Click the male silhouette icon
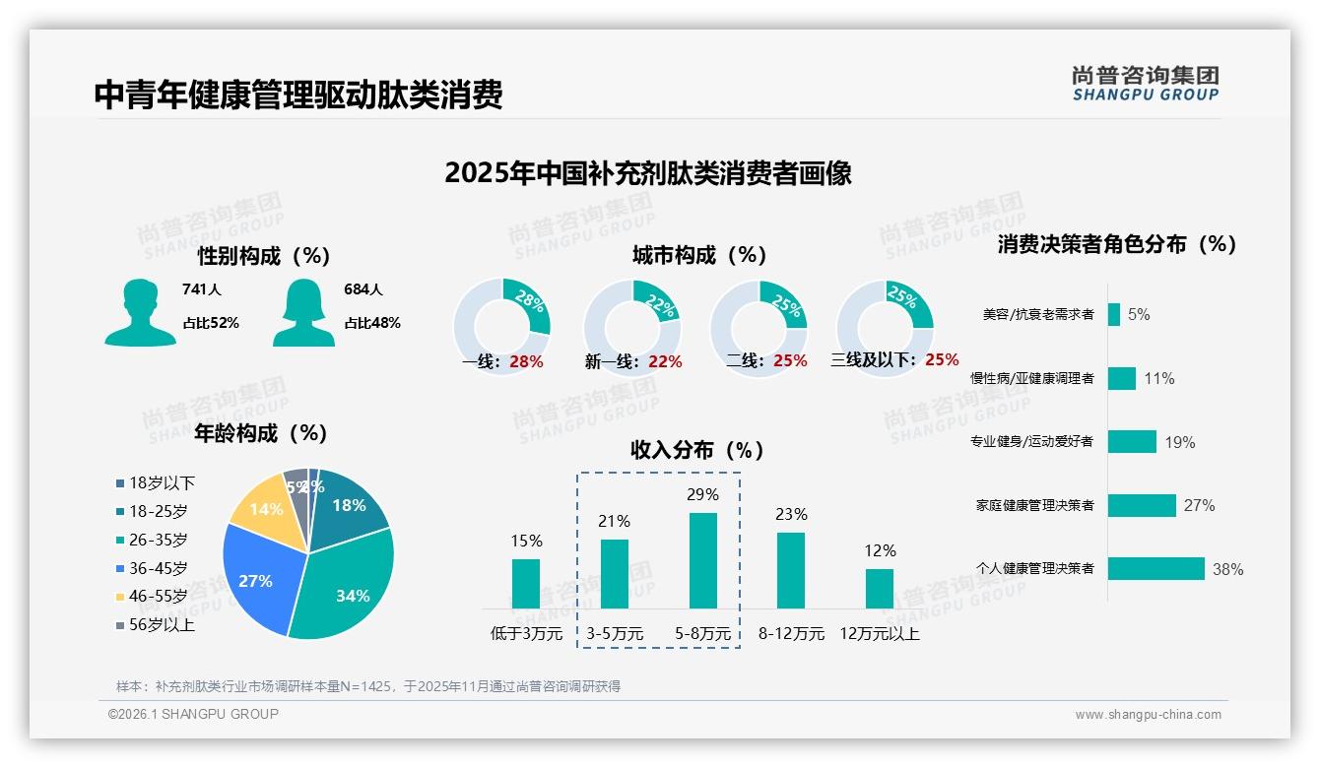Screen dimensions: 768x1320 tap(140, 312)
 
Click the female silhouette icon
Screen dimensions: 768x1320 tap(303, 312)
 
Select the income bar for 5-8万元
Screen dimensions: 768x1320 tap(703, 560)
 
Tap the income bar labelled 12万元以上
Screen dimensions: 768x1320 tap(880, 588)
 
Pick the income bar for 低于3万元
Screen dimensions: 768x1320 tap(526, 583)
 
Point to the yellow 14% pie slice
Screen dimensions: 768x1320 tap(263, 507)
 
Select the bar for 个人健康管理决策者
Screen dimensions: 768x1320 tap(1156, 568)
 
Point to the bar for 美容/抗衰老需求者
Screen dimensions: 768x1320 tap(1114, 314)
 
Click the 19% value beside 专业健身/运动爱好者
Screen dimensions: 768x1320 tap(1180, 442)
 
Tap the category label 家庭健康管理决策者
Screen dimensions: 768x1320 tap(1034, 505)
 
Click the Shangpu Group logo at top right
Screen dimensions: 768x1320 tap(1146, 83)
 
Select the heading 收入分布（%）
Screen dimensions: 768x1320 tap(697, 450)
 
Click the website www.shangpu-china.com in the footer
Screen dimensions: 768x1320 tap(1148, 715)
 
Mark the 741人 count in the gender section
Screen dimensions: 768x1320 tap(202, 289)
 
